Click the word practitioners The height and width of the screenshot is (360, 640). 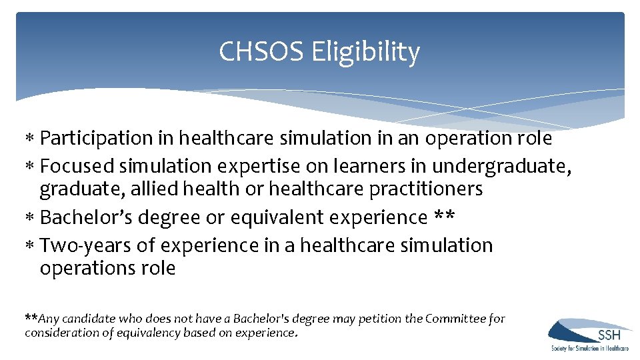413,189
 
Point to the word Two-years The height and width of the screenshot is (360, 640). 86,245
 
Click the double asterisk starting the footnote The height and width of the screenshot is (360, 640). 31,317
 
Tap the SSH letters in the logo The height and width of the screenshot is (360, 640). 609,335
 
